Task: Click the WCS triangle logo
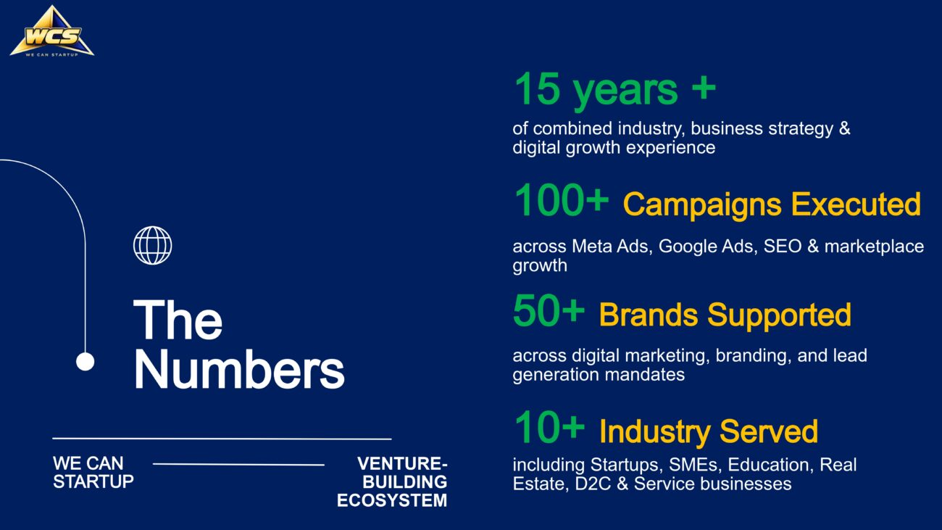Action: pos(51,32)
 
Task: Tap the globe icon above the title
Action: pos(153,245)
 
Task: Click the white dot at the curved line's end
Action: pos(86,362)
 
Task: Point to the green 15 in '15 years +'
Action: pos(538,88)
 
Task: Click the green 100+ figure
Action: pos(562,200)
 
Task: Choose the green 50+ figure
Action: pos(549,310)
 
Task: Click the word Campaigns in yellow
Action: pos(702,205)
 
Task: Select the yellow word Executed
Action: pos(856,204)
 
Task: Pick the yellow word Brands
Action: pos(649,315)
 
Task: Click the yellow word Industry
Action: pos(655,432)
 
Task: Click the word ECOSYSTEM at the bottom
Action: pos(392,500)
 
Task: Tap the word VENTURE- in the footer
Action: pos(402,463)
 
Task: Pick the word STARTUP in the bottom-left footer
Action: pos(93,481)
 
